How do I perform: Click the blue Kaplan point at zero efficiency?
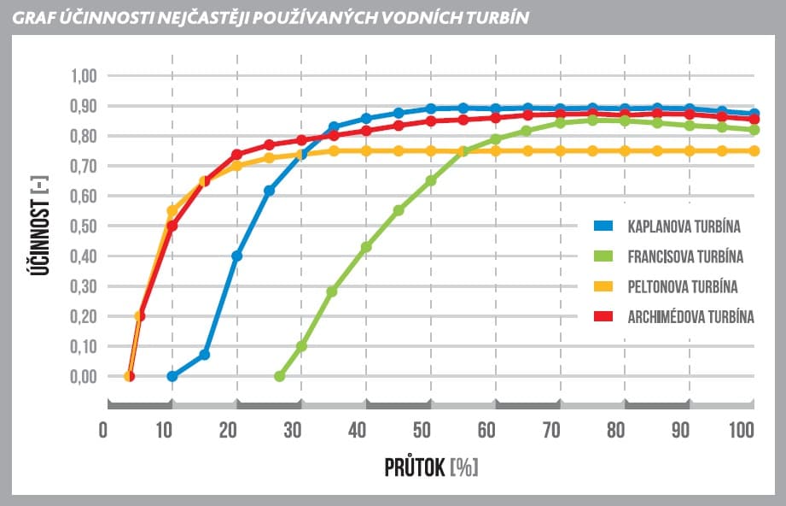tap(172, 376)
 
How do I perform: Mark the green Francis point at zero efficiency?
tap(280, 376)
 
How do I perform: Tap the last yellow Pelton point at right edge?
tap(754, 150)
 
